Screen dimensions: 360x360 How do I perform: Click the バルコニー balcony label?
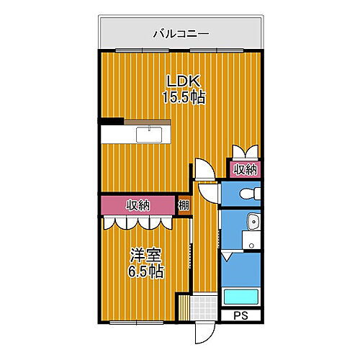[x=180, y=33]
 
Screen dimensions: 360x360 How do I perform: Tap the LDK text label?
[x=180, y=81]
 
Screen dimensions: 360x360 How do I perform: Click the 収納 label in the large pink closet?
[x=140, y=206]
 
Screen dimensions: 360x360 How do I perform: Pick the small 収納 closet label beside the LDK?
[x=246, y=170]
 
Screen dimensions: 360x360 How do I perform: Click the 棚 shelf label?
[x=184, y=205]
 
